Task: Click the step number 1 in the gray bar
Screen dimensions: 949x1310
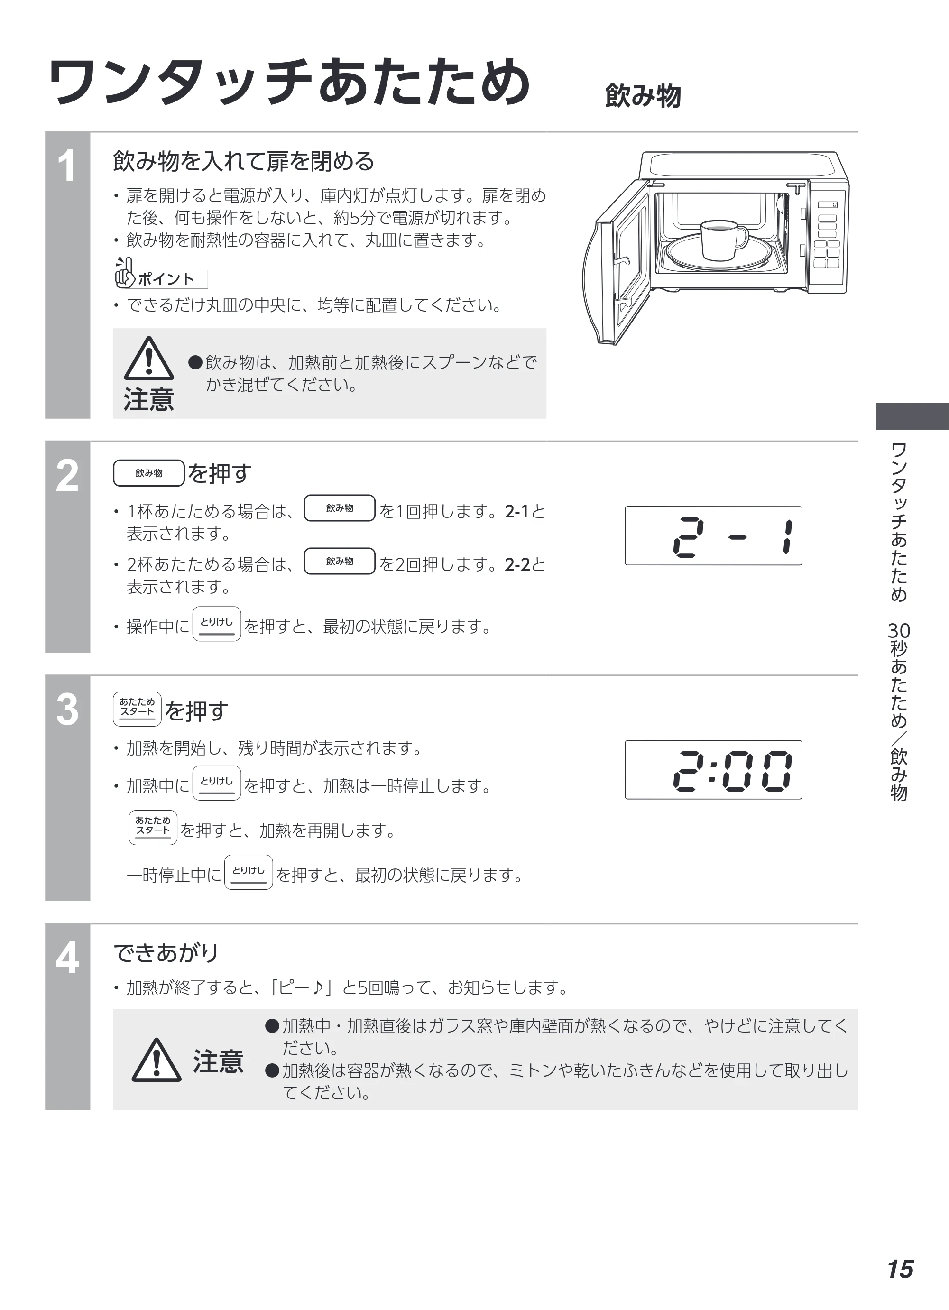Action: click(x=67, y=166)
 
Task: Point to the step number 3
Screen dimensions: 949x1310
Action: click(x=67, y=710)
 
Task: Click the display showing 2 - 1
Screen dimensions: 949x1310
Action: click(x=713, y=536)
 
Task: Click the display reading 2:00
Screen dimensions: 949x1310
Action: click(x=713, y=770)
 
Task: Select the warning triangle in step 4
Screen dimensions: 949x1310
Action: click(x=157, y=1060)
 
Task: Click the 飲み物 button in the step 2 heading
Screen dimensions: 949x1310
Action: click(x=149, y=473)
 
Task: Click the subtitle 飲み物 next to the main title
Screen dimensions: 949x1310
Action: click(x=643, y=96)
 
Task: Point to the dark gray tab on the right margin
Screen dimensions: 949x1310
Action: click(x=912, y=416)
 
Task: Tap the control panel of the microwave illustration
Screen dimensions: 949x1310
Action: click(x=828, y=237)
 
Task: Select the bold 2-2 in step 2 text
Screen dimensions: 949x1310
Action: click(x=517, y=564)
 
